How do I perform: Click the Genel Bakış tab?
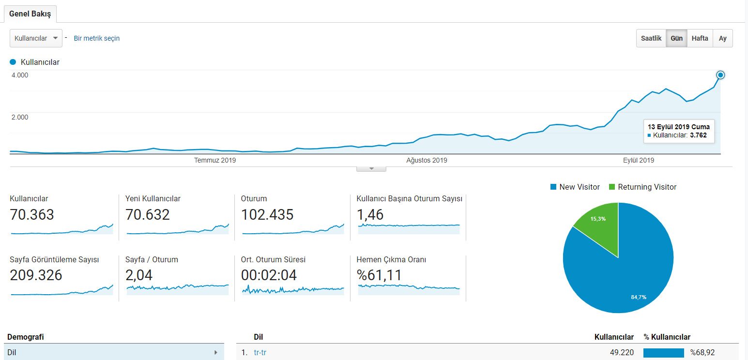(x=30, y=14)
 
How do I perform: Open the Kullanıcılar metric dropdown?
(x=36, y=38)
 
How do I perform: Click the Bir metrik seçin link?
(x=96, y=38)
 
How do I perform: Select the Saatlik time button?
(x=651, y=38)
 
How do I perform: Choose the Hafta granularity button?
(x=700, y=38)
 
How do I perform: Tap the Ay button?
(x=723, y=38)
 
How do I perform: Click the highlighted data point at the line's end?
(x=720, y=75)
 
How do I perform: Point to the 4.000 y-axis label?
(x=20, y=75)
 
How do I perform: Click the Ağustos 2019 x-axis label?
(x=427, y=160)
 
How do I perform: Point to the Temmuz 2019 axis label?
(x=214, y=160)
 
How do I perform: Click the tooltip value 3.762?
(x=698, y=135)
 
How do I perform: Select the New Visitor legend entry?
(x=575, y=187)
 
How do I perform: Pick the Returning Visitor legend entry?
(x=642, y=187)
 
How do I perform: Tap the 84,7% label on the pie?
(x=639, y=297)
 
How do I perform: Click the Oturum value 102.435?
(x=267, y=214)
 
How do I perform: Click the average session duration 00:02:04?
(x=269, y=275)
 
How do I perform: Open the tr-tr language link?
(x=260, y=352)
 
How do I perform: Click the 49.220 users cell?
(x=622, y=352)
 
